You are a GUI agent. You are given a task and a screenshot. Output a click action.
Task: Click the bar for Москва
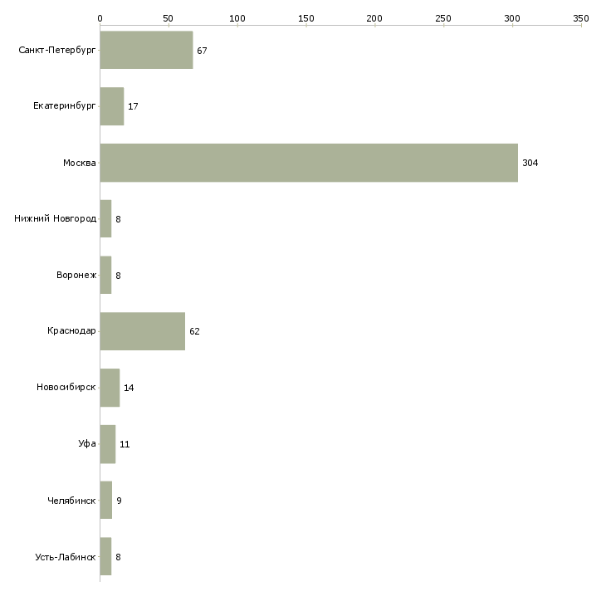309,163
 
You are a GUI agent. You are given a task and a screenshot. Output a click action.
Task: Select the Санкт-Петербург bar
146,51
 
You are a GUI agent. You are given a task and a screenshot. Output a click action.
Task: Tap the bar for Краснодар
142,331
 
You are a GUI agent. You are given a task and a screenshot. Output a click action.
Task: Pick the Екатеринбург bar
111,106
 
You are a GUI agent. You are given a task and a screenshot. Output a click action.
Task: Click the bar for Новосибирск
110,388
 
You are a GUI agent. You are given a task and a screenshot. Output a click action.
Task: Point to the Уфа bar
107,444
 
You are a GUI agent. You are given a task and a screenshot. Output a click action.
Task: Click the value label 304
530,164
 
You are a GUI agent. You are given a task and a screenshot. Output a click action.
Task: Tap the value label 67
202,51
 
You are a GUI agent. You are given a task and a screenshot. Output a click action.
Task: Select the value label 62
194,332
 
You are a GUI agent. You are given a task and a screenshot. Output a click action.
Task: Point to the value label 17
133,107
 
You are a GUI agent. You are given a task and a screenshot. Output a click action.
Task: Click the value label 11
125,445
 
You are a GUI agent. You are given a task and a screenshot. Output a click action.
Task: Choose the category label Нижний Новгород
56,219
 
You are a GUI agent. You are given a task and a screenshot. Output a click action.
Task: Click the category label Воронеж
76,276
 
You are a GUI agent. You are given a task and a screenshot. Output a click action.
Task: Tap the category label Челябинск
72,501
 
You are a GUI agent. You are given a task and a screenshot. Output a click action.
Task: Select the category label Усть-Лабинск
66,557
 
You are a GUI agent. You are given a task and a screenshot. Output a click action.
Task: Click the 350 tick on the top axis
581,17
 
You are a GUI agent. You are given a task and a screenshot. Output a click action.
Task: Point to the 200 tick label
374,17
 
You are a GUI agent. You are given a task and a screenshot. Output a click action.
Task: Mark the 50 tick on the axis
169,17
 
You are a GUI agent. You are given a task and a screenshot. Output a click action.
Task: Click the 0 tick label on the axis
100,17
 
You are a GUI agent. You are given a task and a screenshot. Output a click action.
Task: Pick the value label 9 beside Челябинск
119,501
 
